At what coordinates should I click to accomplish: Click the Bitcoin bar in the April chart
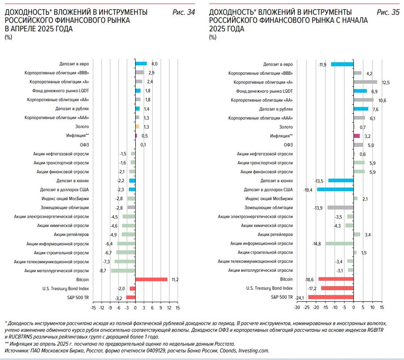[x=151, y=279]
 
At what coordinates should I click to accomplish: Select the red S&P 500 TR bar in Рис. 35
[x=331, y=297]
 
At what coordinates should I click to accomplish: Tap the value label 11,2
[x=175, y=279]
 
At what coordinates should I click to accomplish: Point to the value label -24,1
[x=299, y=298]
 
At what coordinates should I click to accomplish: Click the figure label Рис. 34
[x=184, y=12]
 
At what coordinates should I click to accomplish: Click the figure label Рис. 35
[x=388, y=12]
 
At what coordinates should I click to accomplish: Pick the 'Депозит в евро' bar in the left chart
[x=141, y=64]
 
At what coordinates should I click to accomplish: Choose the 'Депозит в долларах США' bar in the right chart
[x=335, y=189]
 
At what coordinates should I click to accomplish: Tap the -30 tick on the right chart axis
[x=297, y=308]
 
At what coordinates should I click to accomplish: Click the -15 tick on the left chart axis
[x=93, y=308]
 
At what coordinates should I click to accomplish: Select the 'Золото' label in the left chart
[x=82, y=127]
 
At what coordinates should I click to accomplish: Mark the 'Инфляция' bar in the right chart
[x=357, y=136]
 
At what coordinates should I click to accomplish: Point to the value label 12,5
[x=386, y=82]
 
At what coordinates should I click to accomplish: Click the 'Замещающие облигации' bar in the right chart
[x=340, y=207]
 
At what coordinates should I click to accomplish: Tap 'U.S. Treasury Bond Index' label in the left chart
[x=66, y=288]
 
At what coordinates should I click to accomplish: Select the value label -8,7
[x=102, y=271]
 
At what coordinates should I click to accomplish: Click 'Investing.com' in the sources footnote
[x=254, y=351]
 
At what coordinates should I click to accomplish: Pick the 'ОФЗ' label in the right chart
[x=288, y=145]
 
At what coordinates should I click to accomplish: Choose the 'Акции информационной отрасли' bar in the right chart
[x=339, y=244]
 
